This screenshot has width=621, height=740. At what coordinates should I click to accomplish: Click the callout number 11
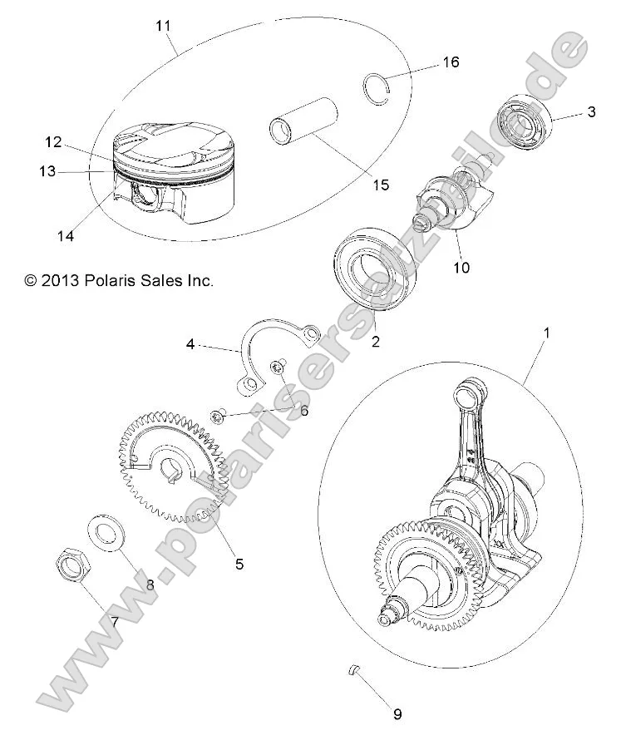click(163, 26)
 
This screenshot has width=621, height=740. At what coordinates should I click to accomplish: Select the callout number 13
click(47, 171)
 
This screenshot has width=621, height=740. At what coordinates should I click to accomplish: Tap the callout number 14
click(66, 236)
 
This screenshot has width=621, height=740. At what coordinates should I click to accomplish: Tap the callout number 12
click(54, 141)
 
